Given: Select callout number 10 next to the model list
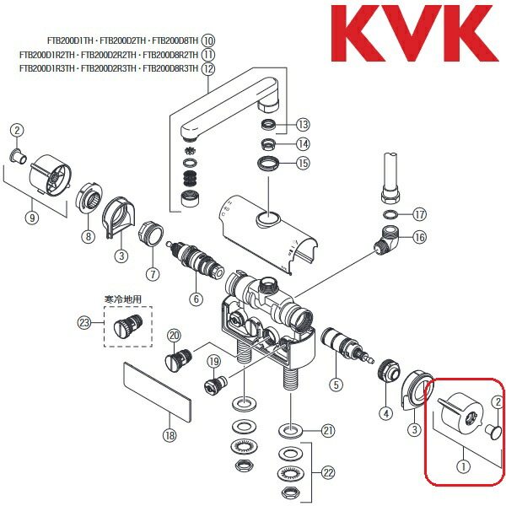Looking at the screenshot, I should click(208, 40).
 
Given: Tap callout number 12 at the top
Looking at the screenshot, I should click(208, 68).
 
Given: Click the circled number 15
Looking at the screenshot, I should click(303, 162).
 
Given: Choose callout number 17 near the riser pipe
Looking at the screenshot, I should click(420, 214).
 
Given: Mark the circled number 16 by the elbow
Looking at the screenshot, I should click(419, 239).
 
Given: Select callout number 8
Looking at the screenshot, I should click(86, 237).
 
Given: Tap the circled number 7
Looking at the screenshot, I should click(153, 273).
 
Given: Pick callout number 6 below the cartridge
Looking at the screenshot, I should click(196, 298).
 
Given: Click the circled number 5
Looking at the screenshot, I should click(336, 385).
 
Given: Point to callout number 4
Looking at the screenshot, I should click(385, 413).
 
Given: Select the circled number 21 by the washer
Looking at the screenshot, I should click(327, 431).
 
